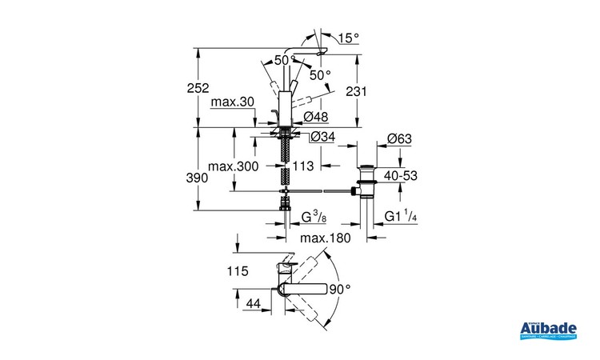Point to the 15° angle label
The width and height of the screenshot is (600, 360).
pyautogui.click(x=350, y=38)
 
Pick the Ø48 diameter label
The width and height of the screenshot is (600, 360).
pyautogui.click(x=319, y=118)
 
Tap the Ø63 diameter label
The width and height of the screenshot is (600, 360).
pyautogui.click(x=398, y=139)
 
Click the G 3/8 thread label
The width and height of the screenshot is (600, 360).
pyautogui.click(x=314, y=217)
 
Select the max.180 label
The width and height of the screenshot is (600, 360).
pyautogui.click(x=327, y=239)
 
